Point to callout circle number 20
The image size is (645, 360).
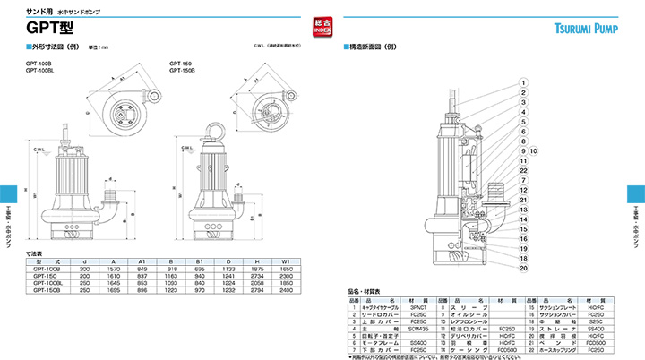click(x=521, y=267)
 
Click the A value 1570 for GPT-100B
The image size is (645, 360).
click(x=114, y=268)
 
